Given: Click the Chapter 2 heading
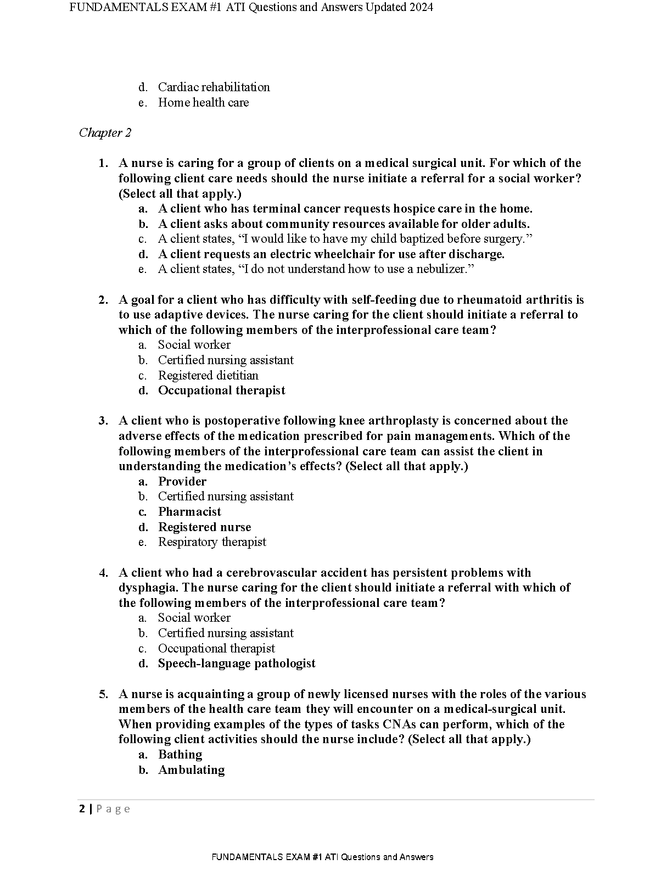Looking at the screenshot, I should pyautogui.click(x=105, y=133).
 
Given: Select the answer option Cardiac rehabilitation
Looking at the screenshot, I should pyautogui.click(x=214, y=87).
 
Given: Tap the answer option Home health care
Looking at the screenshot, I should pyautogui.click(x=203, y=103).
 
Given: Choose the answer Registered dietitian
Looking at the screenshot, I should pyautogui.click(x=208, y=376).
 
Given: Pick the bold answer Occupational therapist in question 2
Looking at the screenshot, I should pyautogui.click(x=221, y=391).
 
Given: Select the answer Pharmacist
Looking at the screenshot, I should pyautogui.click(x=189, y=512).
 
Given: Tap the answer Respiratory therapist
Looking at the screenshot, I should pyautogui.click(x=212, y=542).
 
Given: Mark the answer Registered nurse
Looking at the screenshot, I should pyautogui.click(x=204, y=527).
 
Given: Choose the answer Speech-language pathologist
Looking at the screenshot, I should pyautogui.click(x=237, y=663).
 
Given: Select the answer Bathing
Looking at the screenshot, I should pyautogui.click(x=180, y=755).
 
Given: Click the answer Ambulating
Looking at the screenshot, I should pyautogui.click(x=191, y=770).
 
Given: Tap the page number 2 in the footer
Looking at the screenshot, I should pyautogui.click(x=82, y=808).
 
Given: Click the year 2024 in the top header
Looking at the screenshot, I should pyautogui.click(x=420, y=7).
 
